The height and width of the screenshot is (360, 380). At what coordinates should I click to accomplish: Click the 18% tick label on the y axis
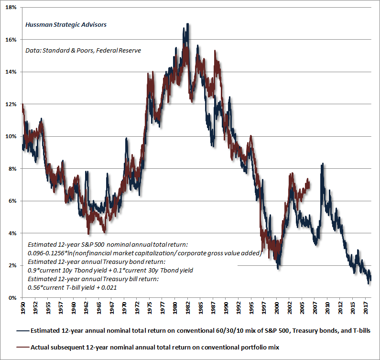11,7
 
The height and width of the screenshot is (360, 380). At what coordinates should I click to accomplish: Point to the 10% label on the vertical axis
11,136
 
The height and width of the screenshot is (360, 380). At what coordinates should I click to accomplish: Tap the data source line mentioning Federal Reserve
83,50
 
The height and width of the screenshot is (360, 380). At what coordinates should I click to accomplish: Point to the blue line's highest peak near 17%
187,24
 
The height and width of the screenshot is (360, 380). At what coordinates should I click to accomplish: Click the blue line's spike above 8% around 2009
323,164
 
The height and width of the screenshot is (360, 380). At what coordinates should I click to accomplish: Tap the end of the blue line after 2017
371,280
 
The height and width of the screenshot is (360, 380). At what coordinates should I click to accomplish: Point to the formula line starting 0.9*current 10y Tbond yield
110,270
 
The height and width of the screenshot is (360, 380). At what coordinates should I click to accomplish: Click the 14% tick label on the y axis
11,72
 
